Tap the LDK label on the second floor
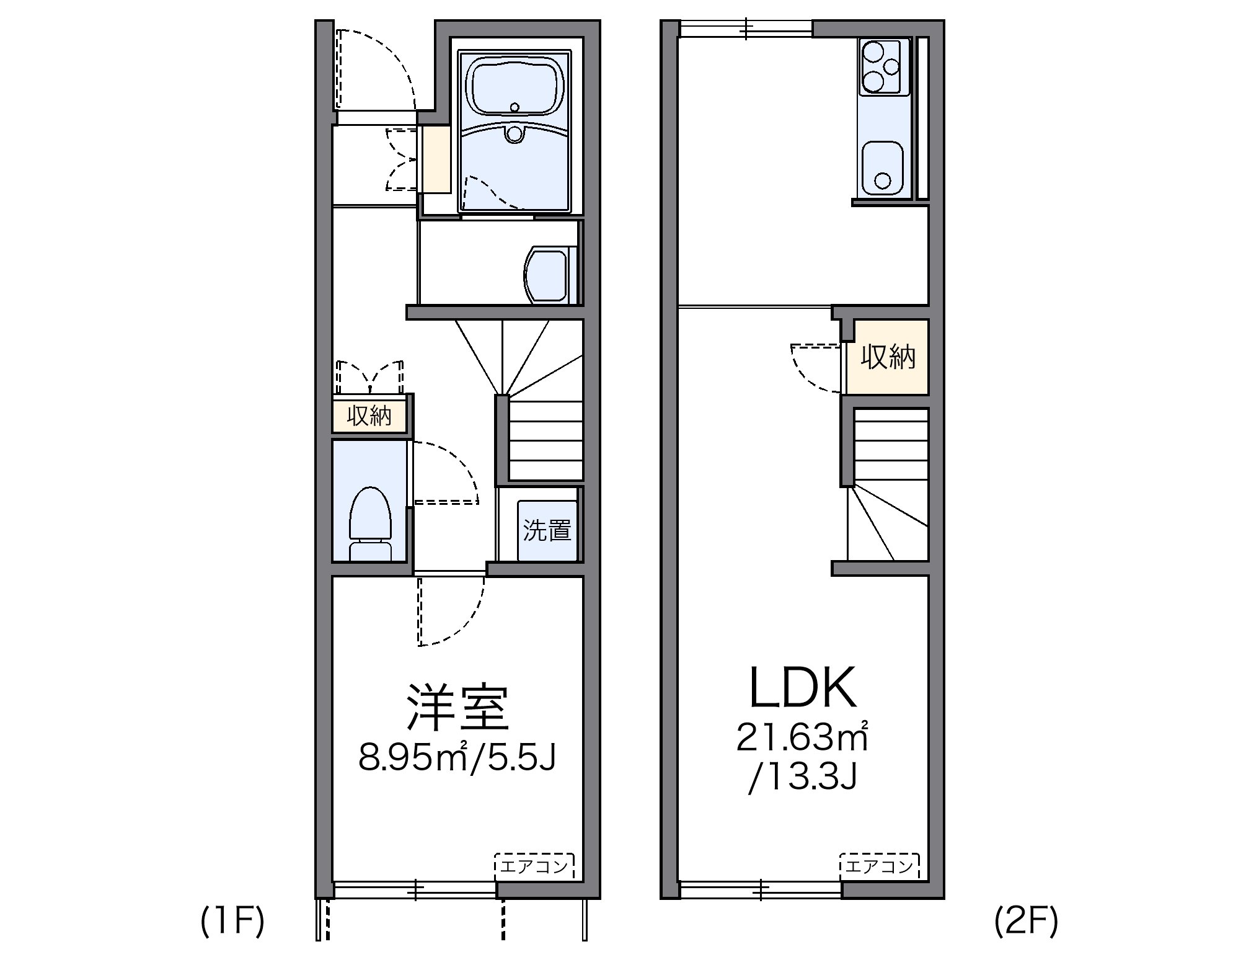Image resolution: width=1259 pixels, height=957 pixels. pyautogui.click(x=803, y=688)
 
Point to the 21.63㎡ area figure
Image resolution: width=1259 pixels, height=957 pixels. pyautogui.click(x=802, y=737)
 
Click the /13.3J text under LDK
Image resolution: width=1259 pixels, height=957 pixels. pyautogui.click(x=803, y=778)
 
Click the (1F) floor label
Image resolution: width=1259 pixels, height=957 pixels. pyautogui.click(x=233, y=921)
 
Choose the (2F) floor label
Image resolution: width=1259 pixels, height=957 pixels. pyautogui.click(x=1026, y=921)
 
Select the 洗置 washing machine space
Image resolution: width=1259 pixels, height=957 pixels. pyautogui.click(x=547, y=530)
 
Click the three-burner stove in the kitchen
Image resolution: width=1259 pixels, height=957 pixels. pyautogui.click(x=883, y=67)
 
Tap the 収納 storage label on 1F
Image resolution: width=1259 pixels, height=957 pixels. pyautogui.click(x=369, y=416)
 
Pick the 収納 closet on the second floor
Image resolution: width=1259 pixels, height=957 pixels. pyautogui.click(x=888, y=357)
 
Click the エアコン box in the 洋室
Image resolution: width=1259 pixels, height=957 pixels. pyautogui.click(x=534, y=866)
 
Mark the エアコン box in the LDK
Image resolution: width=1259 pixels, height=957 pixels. pyautogui.click(x=880, y=866)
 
